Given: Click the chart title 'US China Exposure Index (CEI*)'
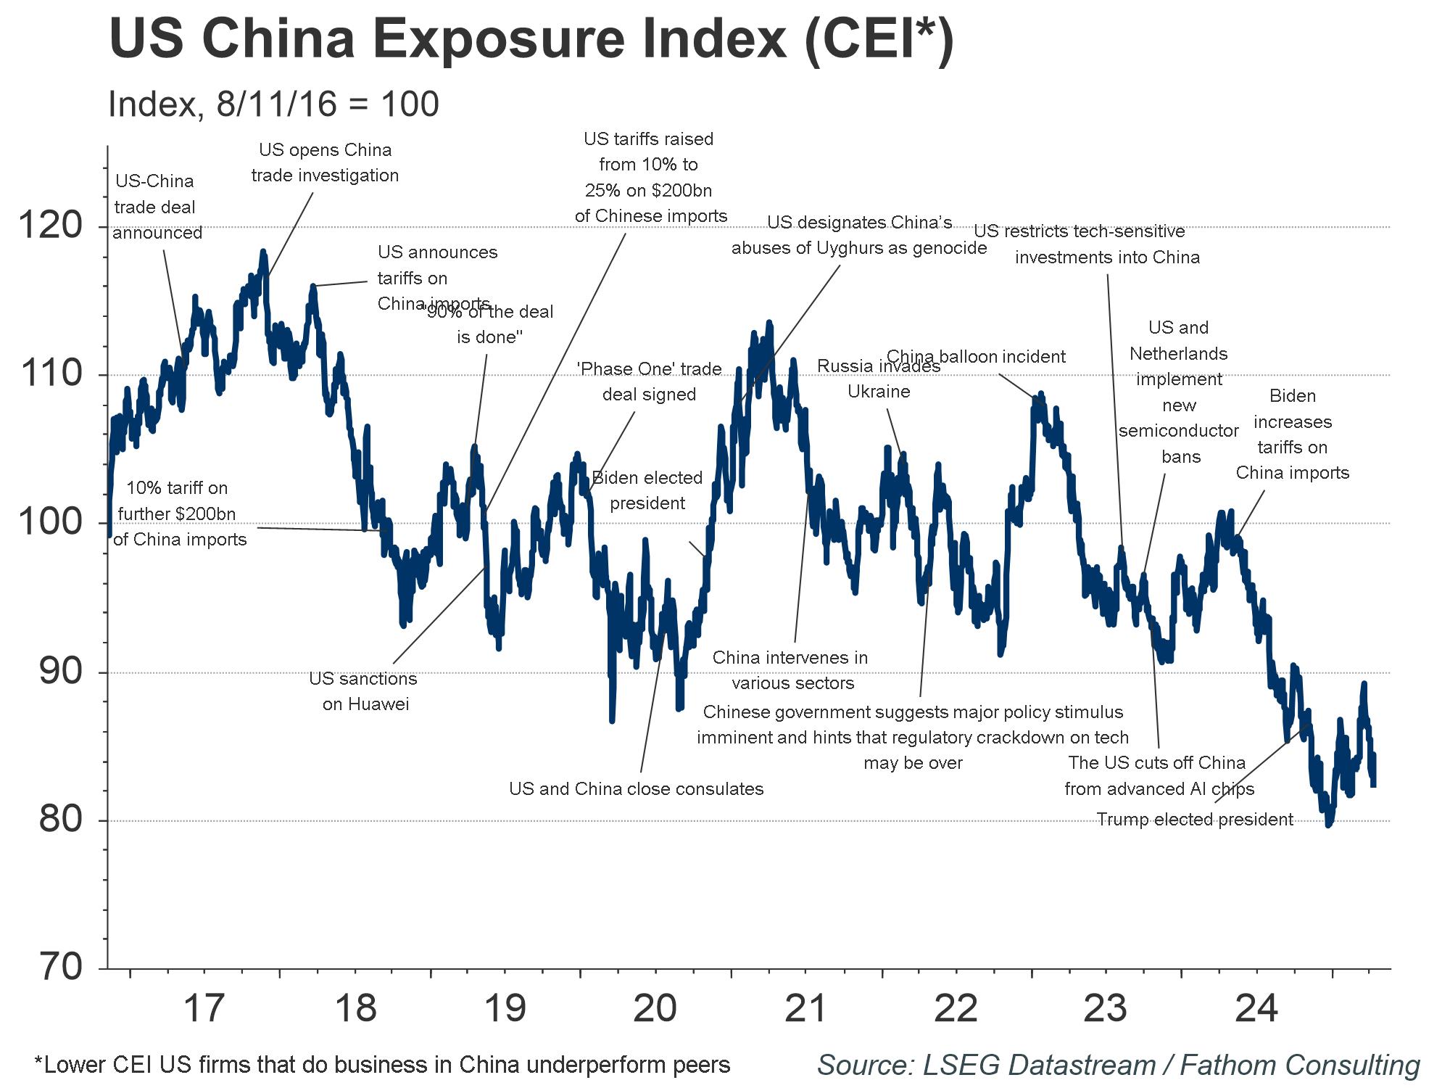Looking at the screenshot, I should point(531,39).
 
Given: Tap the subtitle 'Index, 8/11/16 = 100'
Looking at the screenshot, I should point(273,104).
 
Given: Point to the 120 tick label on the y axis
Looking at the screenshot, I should point(51,225).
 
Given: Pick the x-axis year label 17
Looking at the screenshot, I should point(204,1008).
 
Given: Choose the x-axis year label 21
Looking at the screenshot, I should point(805,1008).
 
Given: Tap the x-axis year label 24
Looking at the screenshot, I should point(1256,1008).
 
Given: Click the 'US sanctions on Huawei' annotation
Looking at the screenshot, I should point(363,691).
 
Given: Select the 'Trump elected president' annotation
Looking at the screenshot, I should point(1194,820).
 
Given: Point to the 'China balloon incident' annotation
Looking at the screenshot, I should point(976,357).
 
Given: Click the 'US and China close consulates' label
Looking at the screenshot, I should point(636,789).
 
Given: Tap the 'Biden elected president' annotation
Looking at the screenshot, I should point(647,490).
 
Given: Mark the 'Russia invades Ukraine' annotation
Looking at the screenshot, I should point(879,379).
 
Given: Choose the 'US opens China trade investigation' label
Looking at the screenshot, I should point(325,162).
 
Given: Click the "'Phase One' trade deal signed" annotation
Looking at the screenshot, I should point(649,382).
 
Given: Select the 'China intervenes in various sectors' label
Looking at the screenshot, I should point(790,670).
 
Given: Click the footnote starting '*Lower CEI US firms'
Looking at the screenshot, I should point(382,1066).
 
